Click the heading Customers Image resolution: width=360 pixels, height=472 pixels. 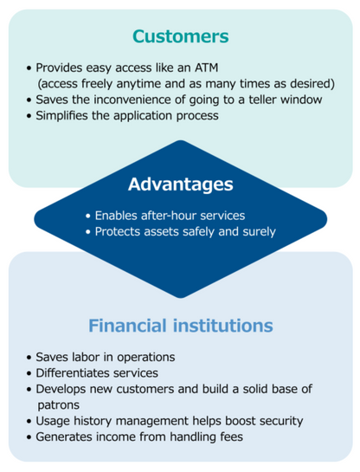tap(181, 36)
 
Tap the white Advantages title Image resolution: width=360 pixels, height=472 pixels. tap(181, 184)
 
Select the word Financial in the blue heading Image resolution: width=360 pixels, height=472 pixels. tap(127, 326)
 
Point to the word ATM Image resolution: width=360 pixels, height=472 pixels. tap(206, 68)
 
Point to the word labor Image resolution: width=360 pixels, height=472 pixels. tap(86, 357)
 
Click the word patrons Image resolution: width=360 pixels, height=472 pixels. tap(58, 405)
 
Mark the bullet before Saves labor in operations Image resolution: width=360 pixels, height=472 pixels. tap(29, 358)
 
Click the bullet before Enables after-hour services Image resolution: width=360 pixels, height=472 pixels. tap(88, 217)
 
